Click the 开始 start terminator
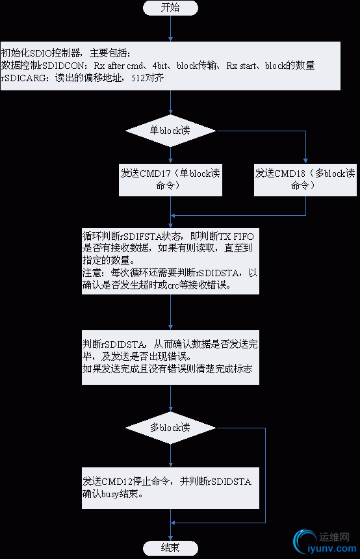170,8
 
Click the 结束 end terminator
170,547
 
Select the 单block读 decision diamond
170,131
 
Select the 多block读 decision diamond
170,428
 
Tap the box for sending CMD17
170,179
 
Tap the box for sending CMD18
305,179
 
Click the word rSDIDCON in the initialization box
63,65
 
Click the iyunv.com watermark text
331,549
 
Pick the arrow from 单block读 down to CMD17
170,153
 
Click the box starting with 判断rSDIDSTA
170,356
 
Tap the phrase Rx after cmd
118,65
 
